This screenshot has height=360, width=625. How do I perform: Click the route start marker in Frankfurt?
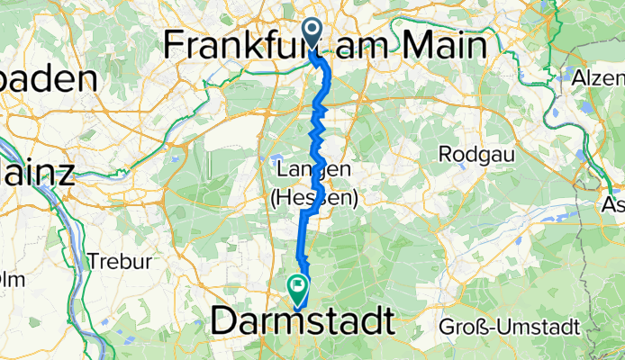point(312,31)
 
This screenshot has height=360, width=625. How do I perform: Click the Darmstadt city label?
point(303,322)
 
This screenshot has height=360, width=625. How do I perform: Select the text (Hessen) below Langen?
point(313,199)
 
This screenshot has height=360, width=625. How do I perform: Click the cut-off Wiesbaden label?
point(49,79)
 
